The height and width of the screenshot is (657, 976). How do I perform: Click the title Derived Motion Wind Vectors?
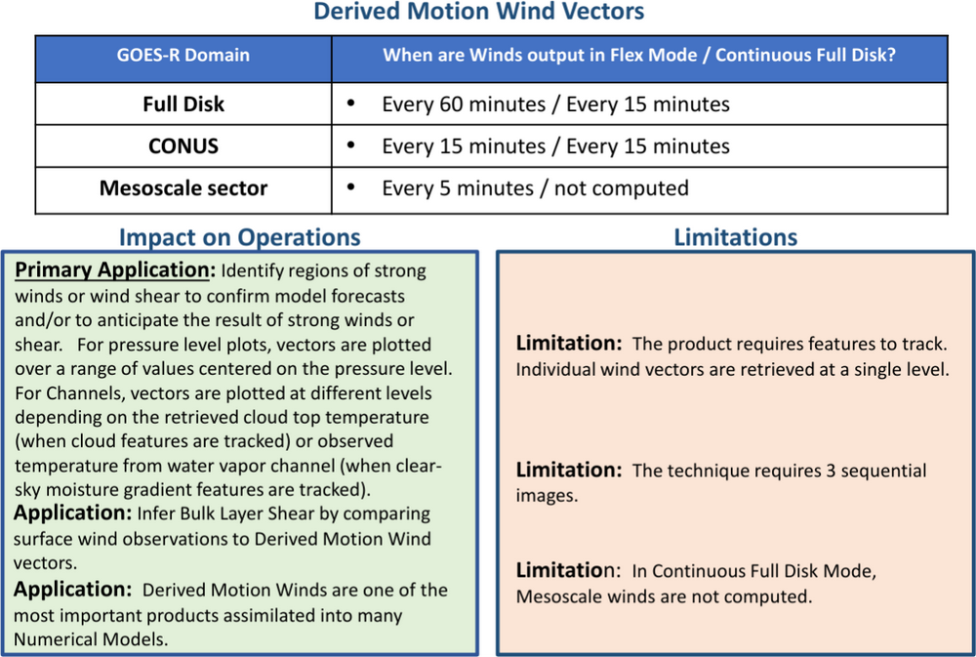coord(478,14)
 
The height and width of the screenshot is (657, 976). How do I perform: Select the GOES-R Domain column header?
coord(183,56)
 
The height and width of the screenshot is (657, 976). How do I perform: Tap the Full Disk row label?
coord(183,103)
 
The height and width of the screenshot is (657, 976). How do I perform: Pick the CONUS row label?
coord(183,146)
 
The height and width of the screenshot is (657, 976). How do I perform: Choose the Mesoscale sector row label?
coord(183,188)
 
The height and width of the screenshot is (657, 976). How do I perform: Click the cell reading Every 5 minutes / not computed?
coord(535,188)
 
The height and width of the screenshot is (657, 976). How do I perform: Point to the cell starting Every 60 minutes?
coord(555,103)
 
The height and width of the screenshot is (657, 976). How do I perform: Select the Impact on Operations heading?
coord(240,237)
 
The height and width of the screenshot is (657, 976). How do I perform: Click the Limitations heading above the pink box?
coord(736,237)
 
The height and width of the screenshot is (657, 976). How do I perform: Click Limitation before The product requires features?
coord(568,345)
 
